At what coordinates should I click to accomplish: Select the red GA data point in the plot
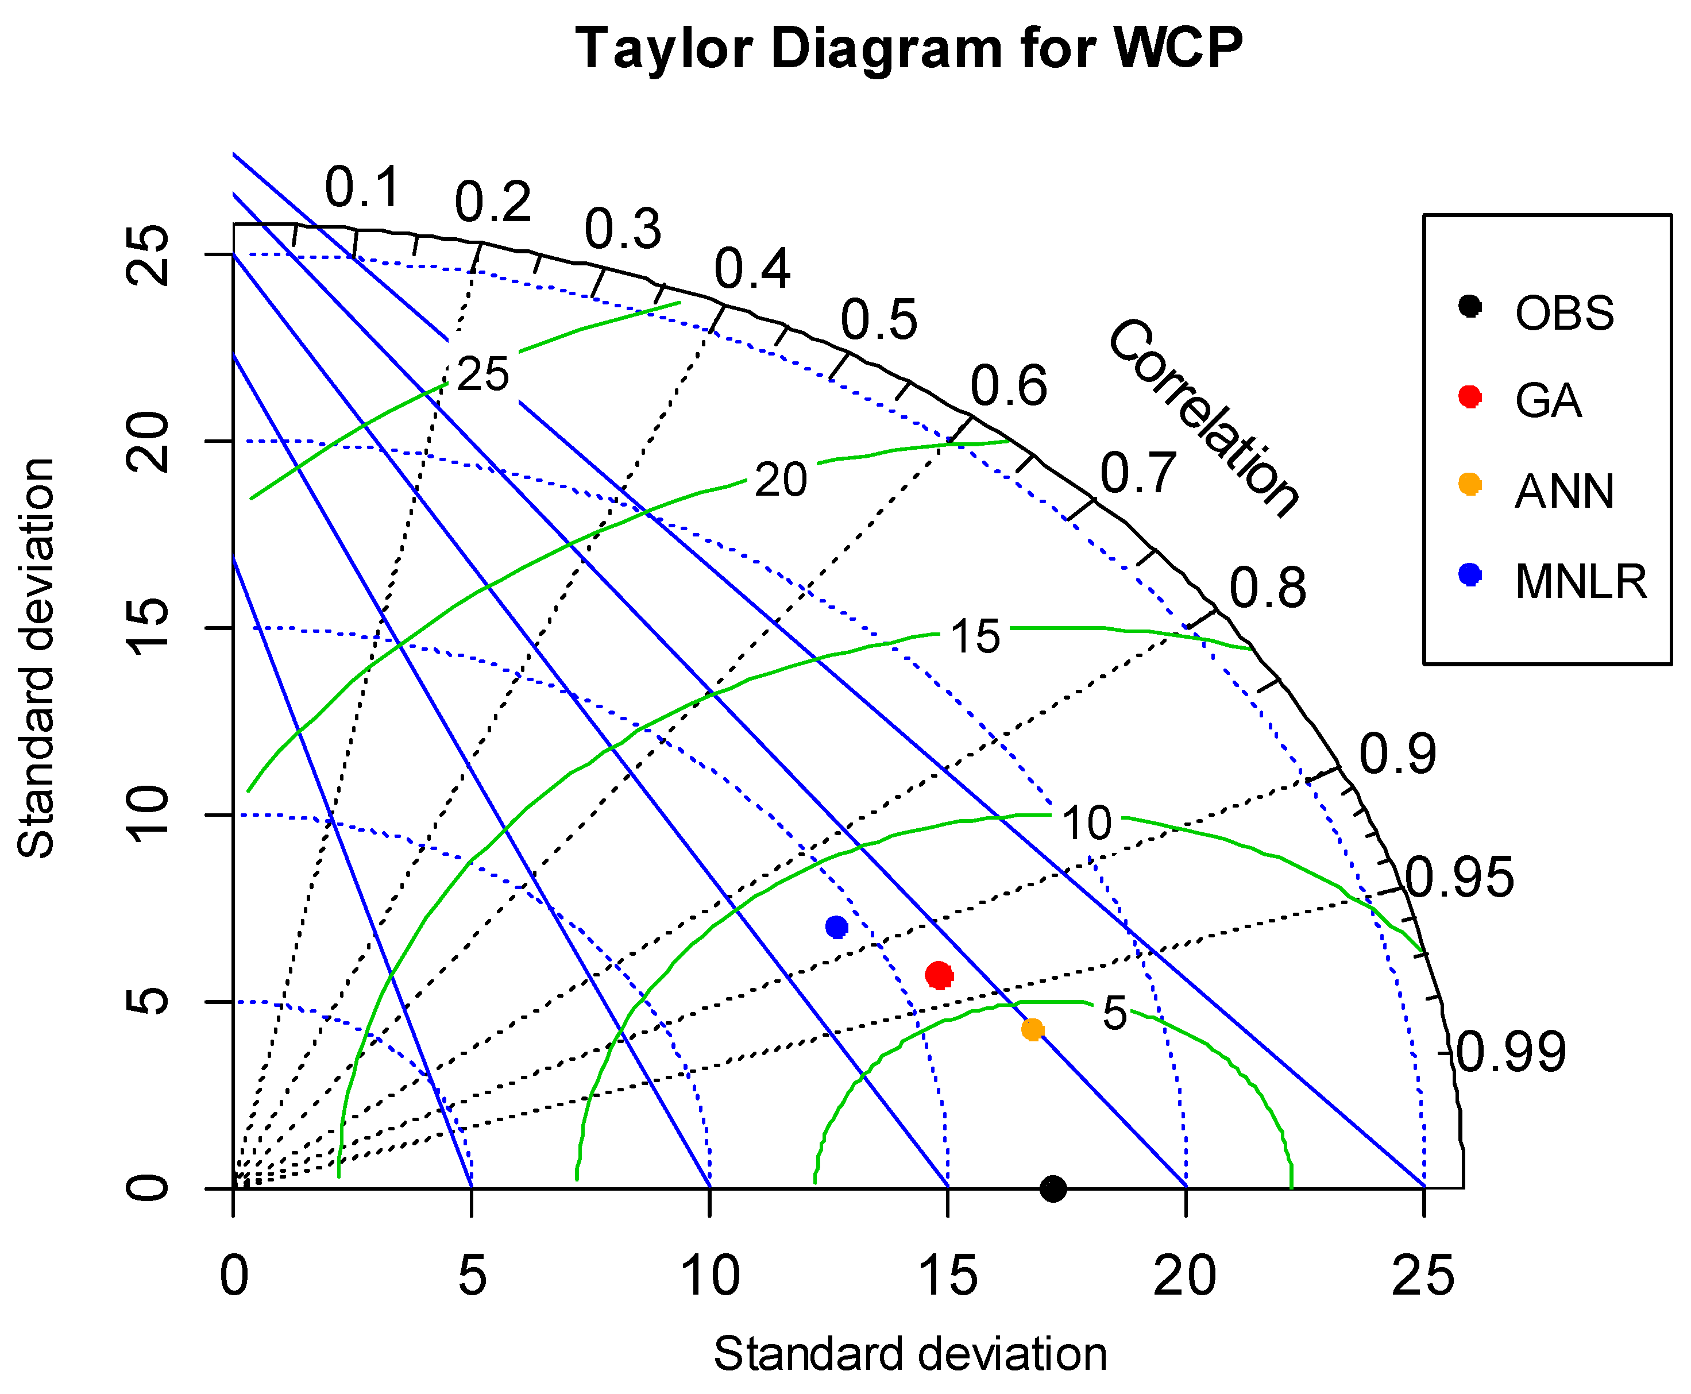click(939, 976)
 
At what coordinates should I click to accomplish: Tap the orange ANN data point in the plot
click(1033, 1029)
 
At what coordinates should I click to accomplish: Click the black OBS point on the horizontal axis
click(1053, 1188)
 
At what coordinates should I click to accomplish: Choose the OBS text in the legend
click(1564, 313)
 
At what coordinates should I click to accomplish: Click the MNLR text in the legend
click(1580, 582)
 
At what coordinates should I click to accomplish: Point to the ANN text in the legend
click(1564, 492)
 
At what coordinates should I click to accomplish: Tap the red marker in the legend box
click(1469, 397)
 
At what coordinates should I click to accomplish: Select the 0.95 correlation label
click(1460, 878)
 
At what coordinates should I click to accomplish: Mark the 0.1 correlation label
click(361, 188)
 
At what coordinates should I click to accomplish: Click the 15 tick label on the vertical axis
click(149, 627)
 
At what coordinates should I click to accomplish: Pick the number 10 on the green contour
click(1086, 823)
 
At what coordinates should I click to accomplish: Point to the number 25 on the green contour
click(482, 374)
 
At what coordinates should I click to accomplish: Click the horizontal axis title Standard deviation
click(910, 1354)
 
